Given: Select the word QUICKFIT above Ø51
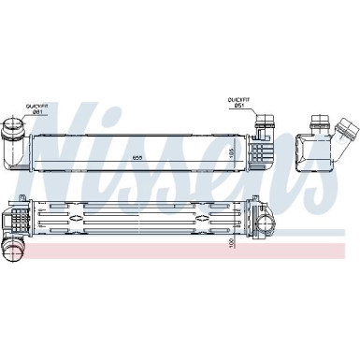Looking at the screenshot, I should [x=239, y=99].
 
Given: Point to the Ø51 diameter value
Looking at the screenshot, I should [x=239, y=106].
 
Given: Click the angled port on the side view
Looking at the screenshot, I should [x=347, y=129].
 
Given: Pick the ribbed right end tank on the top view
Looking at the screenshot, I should [x=259, y=150].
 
